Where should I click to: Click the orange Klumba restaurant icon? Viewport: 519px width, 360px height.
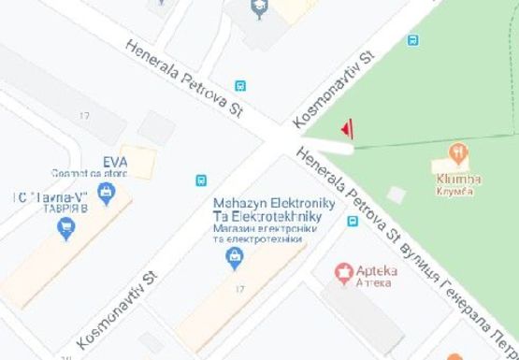[x=458, y=153]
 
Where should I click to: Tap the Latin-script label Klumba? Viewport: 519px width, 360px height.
[x=456, y=179]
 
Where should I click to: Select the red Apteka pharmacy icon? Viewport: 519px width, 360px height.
[x=343, y=273]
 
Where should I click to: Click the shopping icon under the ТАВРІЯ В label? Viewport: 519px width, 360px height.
[x=65, y=228]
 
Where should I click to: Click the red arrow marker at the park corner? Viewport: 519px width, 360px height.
[x=347, y=127]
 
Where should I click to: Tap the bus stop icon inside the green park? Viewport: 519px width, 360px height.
[x=412, y=40]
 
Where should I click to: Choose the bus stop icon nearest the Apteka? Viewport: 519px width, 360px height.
[x=353, y=222]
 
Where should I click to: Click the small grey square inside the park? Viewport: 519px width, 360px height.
[x=397, y=194]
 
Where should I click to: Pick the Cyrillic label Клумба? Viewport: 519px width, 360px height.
[x=455, y=192]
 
